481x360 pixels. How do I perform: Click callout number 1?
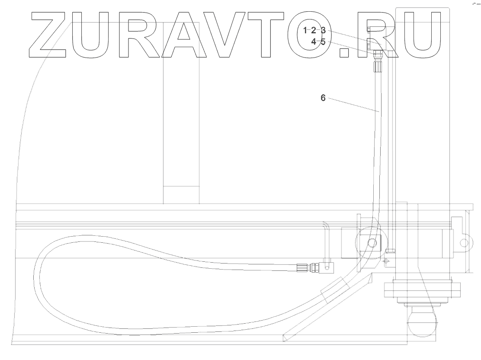coord(305,30)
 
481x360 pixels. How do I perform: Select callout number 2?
coord(314,30)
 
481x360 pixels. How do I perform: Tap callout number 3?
coord(323,30)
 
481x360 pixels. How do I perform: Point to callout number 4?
coord(314,42)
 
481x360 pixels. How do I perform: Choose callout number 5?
coord(323,42)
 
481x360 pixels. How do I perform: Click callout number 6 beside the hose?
coord(323,98)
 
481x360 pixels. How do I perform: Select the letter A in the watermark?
coord(184,35)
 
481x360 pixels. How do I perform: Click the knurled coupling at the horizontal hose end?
coord(301,267)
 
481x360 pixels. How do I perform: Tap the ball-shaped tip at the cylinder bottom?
coord(421,323)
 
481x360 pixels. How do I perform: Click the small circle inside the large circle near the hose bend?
coord(371,244)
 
